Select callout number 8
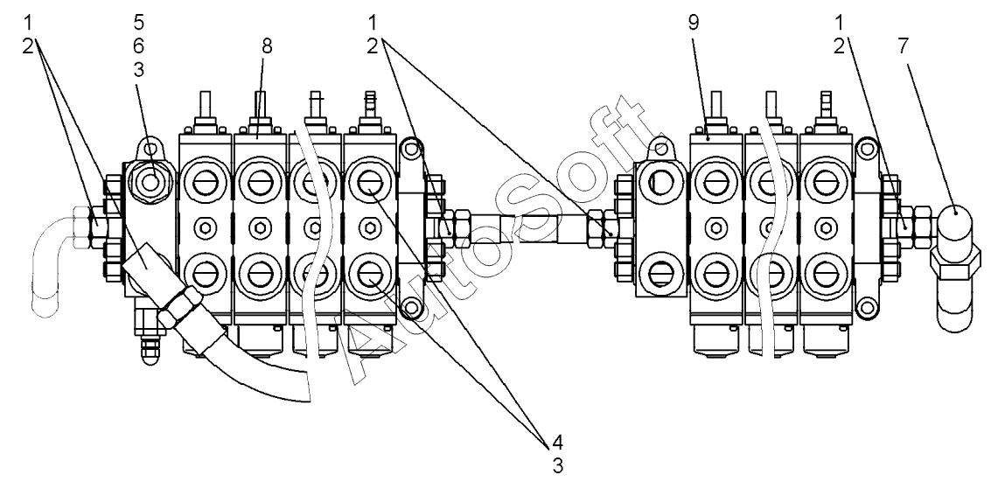(x=266, y=45)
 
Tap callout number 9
(x=694, y=24)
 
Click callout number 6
(x=139, y=45)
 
